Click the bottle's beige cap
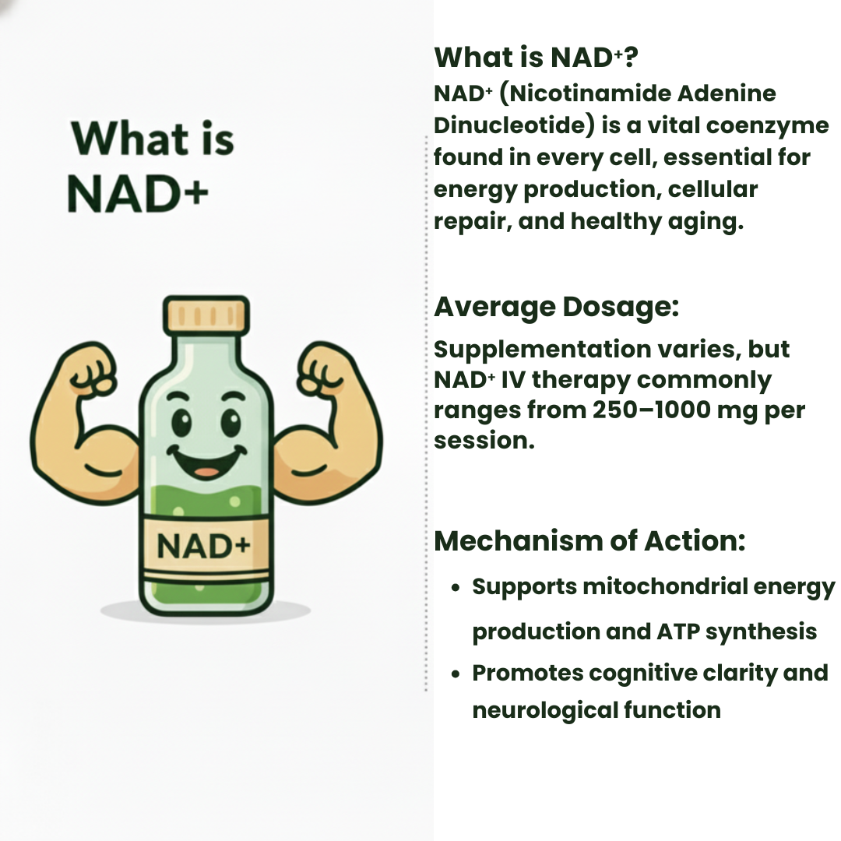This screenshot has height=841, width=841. click(x=206, y=315)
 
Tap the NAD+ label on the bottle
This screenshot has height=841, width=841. click(x=205, y=546)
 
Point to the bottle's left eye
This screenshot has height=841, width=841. click(x=181, y=423)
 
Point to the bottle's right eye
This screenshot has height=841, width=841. click(x=231, y=423)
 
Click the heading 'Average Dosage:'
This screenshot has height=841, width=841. click(x=557, y=307)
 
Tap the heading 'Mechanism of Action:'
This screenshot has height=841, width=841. click(x=589, y=540)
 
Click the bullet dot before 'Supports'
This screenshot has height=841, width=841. click(x=457, y=587)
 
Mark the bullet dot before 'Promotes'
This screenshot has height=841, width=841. click(x=457, y=673)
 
